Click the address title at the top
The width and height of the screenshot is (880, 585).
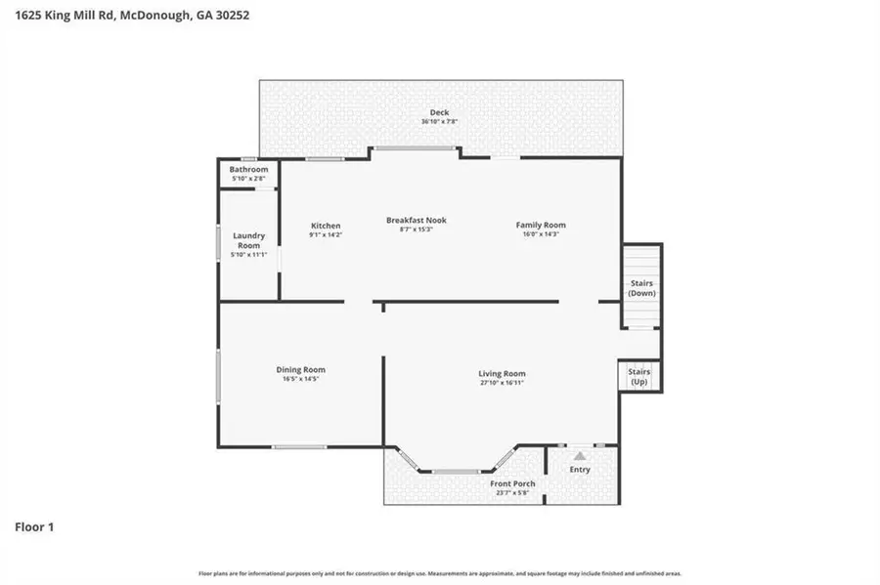click(124, 16)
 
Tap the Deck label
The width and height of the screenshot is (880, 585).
click(439, 112)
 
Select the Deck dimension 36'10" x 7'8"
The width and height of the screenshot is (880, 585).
click(439, 122)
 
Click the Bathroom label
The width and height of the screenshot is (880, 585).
click(249, 170)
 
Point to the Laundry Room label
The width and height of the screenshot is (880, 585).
click(248, 239)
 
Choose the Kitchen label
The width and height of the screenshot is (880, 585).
click(326, 226)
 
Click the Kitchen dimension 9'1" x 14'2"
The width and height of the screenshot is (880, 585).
click(326, 235)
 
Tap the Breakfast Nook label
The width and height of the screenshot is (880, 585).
click(417, 221)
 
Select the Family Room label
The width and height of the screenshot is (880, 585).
click(541, 226)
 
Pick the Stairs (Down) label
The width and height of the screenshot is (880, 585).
click(641, 288)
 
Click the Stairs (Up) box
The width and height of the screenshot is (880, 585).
click(638, 376)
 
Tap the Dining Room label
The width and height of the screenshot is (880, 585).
click(300, 369)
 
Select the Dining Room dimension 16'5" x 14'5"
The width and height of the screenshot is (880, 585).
click(300, 379)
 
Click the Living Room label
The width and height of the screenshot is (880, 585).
click(502, 374)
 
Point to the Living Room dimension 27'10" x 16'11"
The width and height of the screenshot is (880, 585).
click(502, 384)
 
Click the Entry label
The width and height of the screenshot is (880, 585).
click(580, 470)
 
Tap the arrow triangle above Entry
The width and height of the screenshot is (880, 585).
click(580, 455)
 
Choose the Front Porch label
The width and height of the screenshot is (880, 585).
click(512, 483)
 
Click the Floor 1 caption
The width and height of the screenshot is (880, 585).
click(34, 527)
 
